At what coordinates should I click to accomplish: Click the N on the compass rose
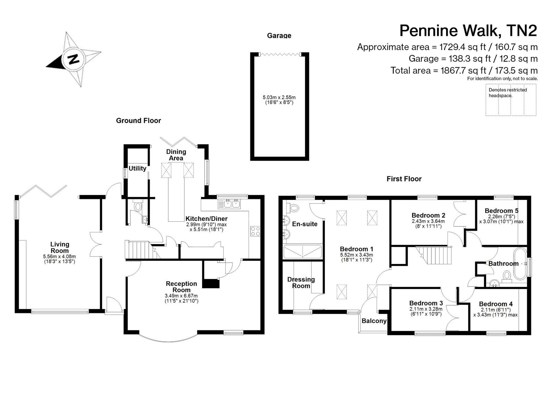click(x=73, y=59)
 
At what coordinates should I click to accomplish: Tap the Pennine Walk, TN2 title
click(x=468, y=31)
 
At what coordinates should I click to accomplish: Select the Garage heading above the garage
click(x=279, y=35)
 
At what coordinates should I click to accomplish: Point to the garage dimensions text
click(x=279, y=100)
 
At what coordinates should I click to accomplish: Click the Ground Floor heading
click(x=138, y=120)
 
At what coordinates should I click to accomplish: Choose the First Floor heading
click(x=404, y=179)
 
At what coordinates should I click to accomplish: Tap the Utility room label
click(x=137, y=168)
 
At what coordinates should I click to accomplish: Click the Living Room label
click(x=60, y=247)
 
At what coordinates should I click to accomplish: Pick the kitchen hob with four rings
click(x=255, y=231)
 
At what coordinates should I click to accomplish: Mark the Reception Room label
click(x=181, y=287)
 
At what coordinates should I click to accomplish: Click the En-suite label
click(x=305, y=224)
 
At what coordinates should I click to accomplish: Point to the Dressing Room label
click(x=301, y=282)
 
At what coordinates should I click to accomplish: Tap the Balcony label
click(x=374, y=321)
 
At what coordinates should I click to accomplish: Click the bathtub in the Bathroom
click(x=520, y=264)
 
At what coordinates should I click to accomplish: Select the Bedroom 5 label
click(x=502, y=211)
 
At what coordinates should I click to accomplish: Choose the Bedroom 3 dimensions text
click(x=426, y=311)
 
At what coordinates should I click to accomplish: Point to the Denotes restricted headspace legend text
click(x=508, y=93)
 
